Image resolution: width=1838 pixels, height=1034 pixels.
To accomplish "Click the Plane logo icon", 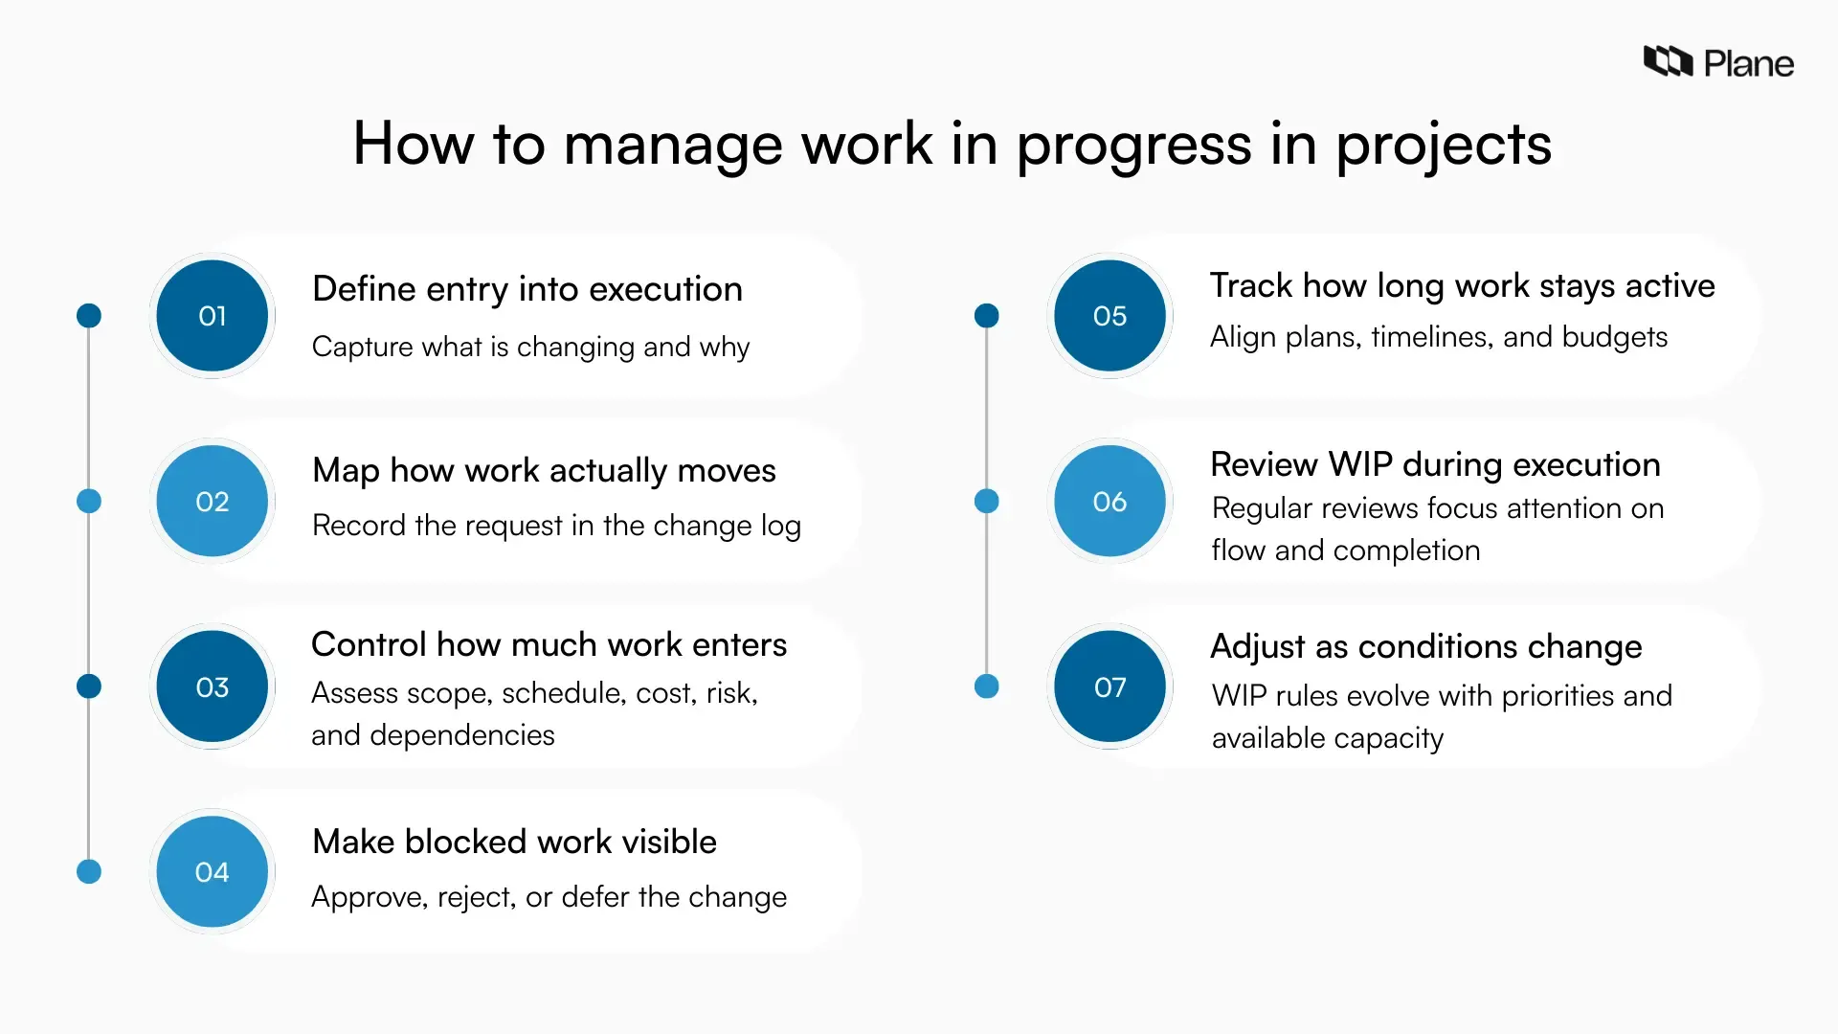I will [x=1668, y=61].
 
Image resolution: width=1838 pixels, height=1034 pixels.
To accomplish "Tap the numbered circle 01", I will [x=212, y=316].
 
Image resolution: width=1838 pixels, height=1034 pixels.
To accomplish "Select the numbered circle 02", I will [x=212, y=502].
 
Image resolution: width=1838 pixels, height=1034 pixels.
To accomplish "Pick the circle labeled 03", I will [x=212, y=686].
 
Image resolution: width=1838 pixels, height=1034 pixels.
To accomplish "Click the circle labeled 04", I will [x=212, y=872].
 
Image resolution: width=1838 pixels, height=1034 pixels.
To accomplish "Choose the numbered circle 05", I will [x=1110, y=316].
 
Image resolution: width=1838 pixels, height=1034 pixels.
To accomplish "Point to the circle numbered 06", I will [x=1110, y=502].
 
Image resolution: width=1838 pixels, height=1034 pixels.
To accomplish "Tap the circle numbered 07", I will [x=1110, y=686].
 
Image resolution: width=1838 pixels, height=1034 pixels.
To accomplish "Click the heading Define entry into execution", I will [x=527, y=289].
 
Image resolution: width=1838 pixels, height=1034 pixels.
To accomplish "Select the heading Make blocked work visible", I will [x=514, y=842].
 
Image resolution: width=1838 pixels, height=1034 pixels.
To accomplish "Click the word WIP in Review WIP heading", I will [x=1360, y=464].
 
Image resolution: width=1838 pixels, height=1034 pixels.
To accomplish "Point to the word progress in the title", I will [x=1133, y=146].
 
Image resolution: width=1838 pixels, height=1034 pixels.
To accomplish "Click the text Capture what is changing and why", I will [x=530, y=347].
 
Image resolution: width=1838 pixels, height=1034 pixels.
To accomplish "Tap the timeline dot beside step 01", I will [x=89, y=316].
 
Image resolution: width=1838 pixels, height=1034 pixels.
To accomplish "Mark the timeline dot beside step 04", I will [x=89, y=872].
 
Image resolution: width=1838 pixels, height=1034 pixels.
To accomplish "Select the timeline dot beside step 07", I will [x=986, y=686].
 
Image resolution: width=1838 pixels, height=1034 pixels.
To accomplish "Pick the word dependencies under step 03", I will [x=461, y=735].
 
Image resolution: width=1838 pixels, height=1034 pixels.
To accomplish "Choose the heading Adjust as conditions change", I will [x=1425, y=647].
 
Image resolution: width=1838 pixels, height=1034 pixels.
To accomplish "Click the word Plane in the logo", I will [x=1748, y=64].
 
